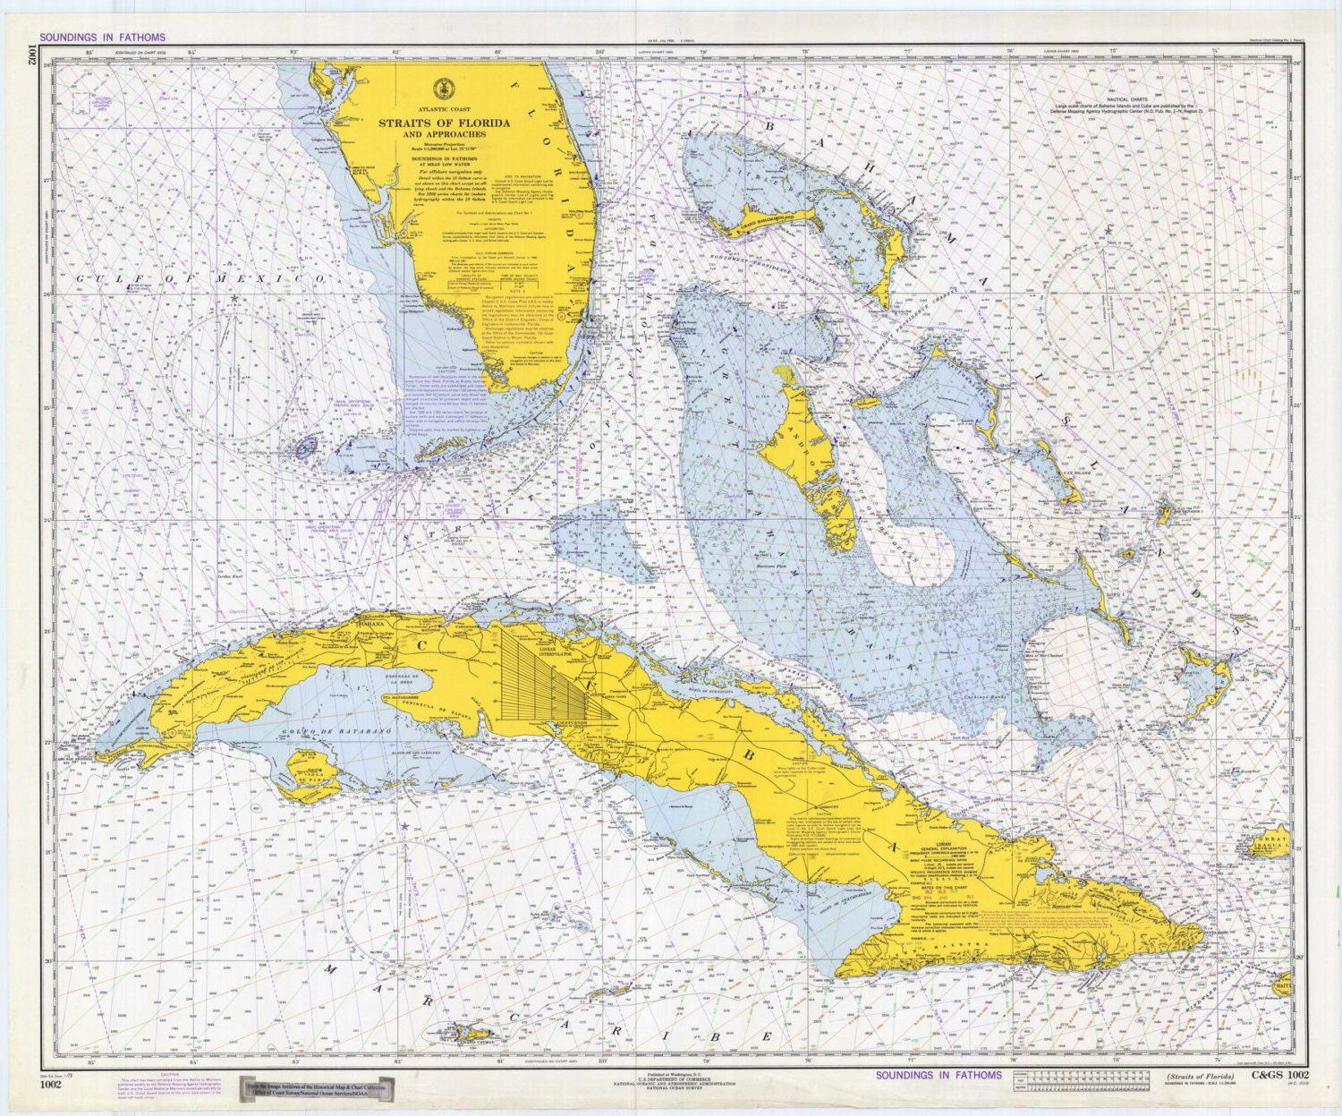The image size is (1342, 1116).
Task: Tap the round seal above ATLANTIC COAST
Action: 439,89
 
